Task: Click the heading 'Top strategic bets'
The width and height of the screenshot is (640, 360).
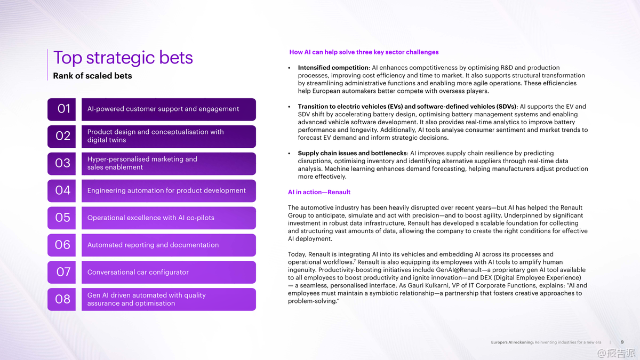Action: click(123, 58)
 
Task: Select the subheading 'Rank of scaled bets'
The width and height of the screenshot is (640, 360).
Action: click(92, 76)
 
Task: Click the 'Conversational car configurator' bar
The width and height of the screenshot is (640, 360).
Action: click(168, 272)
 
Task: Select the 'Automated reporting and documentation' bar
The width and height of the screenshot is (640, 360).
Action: click(168, 245)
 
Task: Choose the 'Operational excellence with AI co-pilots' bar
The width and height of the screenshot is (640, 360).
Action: click(168, 218)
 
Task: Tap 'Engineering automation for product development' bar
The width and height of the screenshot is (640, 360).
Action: click(168, 190)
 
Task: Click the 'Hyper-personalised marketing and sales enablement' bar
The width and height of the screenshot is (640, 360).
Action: click(168, 163)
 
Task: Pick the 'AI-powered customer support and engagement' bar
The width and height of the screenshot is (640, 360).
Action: click(168, 109)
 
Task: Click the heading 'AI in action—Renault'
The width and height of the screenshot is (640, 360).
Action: click(319, 192)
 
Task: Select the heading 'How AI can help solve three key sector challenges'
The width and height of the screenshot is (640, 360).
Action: click(364, 52)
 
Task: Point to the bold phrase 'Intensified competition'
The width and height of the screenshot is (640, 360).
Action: click(333, 68)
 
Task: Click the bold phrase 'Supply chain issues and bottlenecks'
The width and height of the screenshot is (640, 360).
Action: click(352, 153)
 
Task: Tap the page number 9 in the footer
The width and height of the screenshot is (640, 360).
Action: click(622, 342)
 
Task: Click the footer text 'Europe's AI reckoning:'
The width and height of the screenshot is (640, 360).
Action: click(512, 342)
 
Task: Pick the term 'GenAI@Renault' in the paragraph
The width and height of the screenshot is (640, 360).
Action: click(450, 270)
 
